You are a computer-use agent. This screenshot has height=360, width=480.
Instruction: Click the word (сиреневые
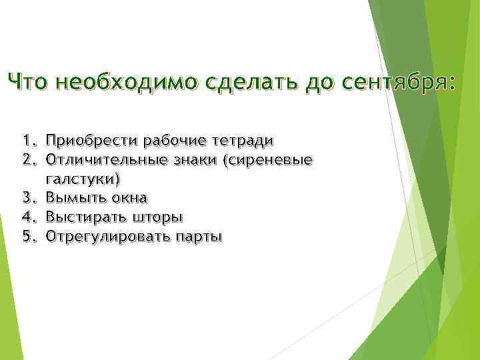pos(270,160)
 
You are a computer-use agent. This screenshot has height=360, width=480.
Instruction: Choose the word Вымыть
pos(72,198)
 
